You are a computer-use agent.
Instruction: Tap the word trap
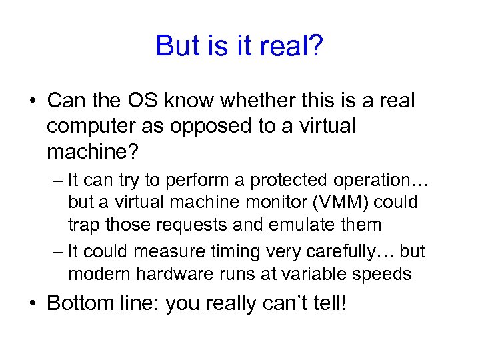pos(84,225)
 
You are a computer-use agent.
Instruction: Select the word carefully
pos(341,251)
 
